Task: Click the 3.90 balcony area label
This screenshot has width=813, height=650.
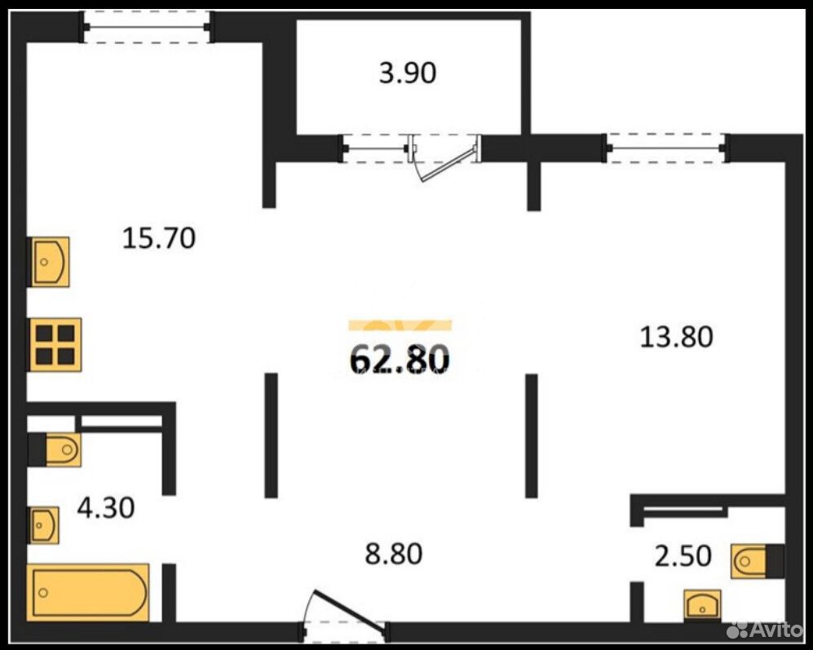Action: pyautogui.click(x=408, y=73)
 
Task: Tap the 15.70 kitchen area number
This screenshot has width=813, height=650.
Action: pyautogui.click(x=159, y=239)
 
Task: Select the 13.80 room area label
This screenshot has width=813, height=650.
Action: pyautogui.click(x=677, y=336)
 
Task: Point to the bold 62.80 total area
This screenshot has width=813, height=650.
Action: pyautogui.click(x=400, y=359)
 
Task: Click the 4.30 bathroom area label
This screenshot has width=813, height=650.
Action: pyautogui.click(x=106, y=507)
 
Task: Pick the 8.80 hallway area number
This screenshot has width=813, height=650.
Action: pyautogui.click(x=394, y=554)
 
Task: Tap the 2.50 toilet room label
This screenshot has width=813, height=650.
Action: pyautogui.click(x=683, y=556)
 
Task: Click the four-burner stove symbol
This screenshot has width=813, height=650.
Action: pyautogui.click(x=55, y=344)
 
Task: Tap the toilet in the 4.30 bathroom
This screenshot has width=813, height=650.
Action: pyautogui.click(x=62, y=449)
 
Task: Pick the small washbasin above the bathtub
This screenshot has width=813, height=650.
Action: pyautogui.click(x=43, y=525)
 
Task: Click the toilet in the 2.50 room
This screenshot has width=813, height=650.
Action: pyautogui.click(x=749, y=561)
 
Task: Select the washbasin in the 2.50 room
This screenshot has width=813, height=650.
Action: pyautogui.click(x=702, y=605)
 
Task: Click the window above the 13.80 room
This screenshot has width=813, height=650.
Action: pyautogui.click(x=666, y=148)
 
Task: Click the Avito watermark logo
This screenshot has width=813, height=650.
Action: pyautogui.click(x=764, y=630)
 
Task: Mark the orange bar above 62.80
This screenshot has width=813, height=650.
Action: pyautogui.click(x=400, y=325)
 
